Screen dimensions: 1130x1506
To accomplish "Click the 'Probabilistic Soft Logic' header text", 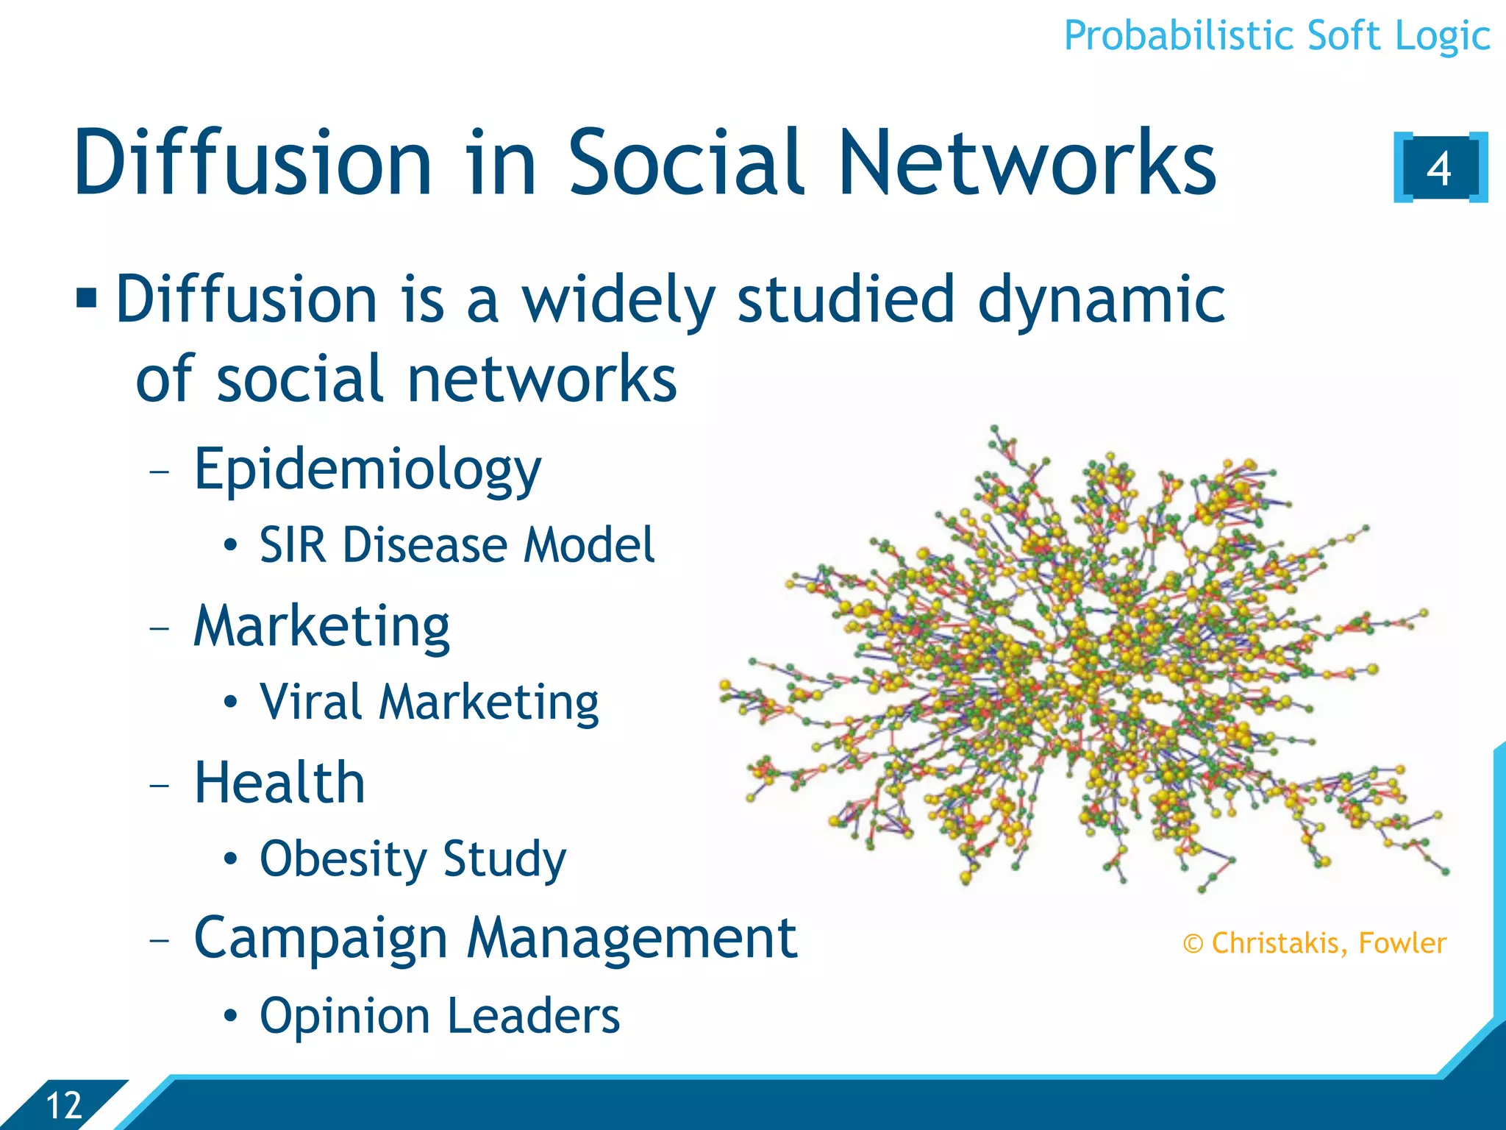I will click(x=1277, y=35).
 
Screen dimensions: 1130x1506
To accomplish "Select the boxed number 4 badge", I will click(x=1439, y=168).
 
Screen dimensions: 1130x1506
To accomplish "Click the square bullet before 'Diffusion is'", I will click(x=87, y=299).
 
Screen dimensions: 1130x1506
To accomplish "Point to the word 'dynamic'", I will click(x=1101, y=300).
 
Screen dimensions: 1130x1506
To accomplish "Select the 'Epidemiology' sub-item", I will click(x=367, y=469).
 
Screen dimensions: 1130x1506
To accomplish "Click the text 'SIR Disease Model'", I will click(x=456, y=545).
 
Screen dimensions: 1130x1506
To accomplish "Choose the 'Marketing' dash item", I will click(x=321, y=627).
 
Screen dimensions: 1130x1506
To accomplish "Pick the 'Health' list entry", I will click(x=279, y=783).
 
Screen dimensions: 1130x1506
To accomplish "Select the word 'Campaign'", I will click(x=321, y=939).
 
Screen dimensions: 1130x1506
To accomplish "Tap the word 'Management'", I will click(x=632, y=939).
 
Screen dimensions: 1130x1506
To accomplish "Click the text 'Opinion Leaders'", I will click(x=440, y=1016).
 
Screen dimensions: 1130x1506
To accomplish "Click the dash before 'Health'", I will click(x=159, y=785).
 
